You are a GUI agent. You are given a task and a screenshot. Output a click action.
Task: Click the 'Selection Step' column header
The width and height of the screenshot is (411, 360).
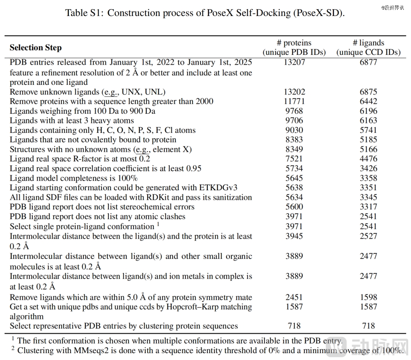click(35, 48)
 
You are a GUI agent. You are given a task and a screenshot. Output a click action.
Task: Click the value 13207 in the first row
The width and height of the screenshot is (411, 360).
click(294, 62)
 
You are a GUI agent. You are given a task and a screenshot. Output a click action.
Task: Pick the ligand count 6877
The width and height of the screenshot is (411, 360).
click(368, 62)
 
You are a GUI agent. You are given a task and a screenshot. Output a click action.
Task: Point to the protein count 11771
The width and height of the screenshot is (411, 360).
click(294, 101)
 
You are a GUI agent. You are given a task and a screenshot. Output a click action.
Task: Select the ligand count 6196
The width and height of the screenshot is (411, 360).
click(368, 111)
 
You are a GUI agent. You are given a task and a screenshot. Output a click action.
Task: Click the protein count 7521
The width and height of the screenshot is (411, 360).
click(294, 159)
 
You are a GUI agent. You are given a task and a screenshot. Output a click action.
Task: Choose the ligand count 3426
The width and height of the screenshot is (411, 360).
click(368, 169)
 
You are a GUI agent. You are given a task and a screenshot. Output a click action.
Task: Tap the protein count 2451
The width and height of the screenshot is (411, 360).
click(294, 297)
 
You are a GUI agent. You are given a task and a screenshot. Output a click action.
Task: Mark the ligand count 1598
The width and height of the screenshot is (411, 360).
click(368, 297)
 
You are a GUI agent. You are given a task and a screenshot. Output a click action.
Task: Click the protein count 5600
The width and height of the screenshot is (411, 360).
click(294, 207)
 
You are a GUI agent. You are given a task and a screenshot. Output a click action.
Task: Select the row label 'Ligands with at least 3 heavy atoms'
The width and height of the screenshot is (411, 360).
click(72, 121)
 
